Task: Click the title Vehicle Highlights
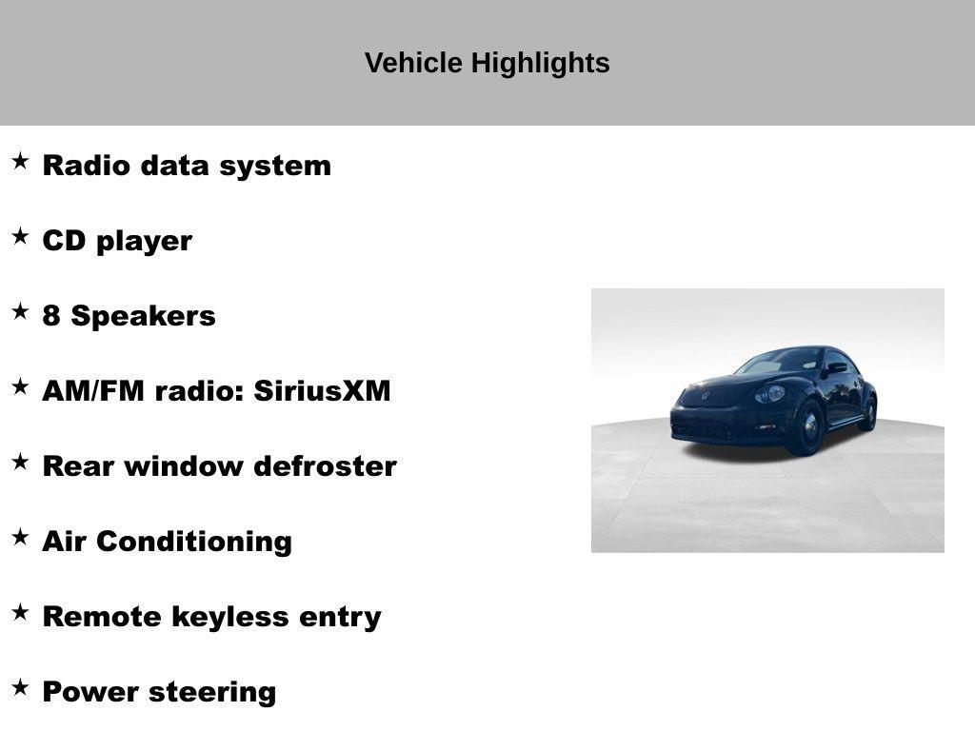click(x=487, y=63)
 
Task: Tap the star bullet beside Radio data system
click(x=20, y=161)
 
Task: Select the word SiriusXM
click(x=322, y=390)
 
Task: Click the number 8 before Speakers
click(x=52, y=315)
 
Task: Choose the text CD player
click(x=117, y=240)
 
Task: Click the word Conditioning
click(x=194, y=541)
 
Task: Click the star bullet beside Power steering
click(x=20, y=687)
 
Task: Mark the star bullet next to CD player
click(x=20, y=236)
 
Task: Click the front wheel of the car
click(x=808, y=427)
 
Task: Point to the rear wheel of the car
click(x=867, y=413)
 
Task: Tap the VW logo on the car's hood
click(x=706, y=395)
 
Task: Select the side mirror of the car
click(x=837, y=367)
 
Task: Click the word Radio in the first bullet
click(x=87, y=165)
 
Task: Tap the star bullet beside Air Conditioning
click(x=20, y=537)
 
